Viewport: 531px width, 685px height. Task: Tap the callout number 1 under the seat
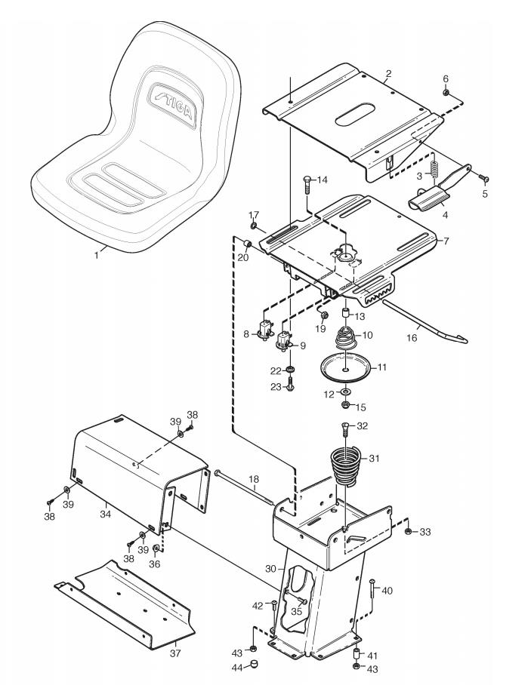pyautogui.click(x=97, y=255)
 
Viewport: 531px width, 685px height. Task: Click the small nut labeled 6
pyautogui.click(x=446, y=93)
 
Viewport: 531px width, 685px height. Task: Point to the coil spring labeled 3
pyautogui.click(x=434, y=168)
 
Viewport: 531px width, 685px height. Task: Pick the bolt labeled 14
pyautogui.click(x=307, y=186)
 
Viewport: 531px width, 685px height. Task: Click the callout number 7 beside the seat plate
pyautogui.click(x=446, y=241)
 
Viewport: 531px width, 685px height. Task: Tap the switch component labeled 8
pyautogui.click(x=265, y=330)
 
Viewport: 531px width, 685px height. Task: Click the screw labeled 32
pyautogui.click(x=344, y=429)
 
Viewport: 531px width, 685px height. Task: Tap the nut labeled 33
pyautogui.click(x=407, y=531)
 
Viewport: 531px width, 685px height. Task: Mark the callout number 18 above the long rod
pyautogui.click(x=254, y=479)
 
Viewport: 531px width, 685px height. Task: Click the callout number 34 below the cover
pyautogui.click(x=106, y=515)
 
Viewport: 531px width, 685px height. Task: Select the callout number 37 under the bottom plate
pyautogui.click(x=175, y=653)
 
